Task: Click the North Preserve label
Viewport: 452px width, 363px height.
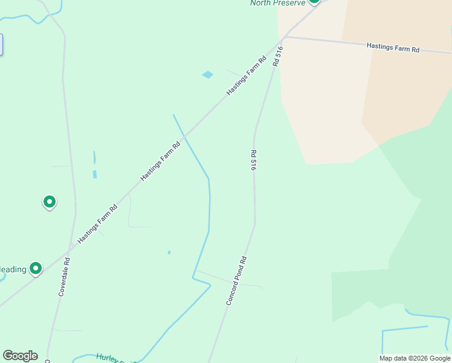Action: coord(278,3)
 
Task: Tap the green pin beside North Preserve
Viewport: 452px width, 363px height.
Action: coord(314,2)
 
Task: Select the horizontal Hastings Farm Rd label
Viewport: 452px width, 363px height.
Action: coord(393,47)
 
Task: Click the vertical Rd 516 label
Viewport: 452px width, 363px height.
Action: coord(254,160)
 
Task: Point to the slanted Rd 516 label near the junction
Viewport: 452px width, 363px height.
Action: coord(277,56)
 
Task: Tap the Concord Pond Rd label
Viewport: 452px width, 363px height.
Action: coord(236,280)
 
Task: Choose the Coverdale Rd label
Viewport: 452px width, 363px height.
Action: coord(65,277)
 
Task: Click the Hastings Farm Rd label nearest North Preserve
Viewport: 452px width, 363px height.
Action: coord(247,76)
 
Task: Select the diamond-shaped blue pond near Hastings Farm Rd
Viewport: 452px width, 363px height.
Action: coord(208,74)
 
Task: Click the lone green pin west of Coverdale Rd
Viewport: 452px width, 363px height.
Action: coord(49,201)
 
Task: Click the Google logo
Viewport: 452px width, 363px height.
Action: coord(20,356)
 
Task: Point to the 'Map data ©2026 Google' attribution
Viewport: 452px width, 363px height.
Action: coord(415,358)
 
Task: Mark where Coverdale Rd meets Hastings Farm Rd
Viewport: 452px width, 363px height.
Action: coord(71,246)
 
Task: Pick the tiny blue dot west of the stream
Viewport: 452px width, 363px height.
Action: coord(169,252)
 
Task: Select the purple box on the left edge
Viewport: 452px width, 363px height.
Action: coord(1,45)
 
